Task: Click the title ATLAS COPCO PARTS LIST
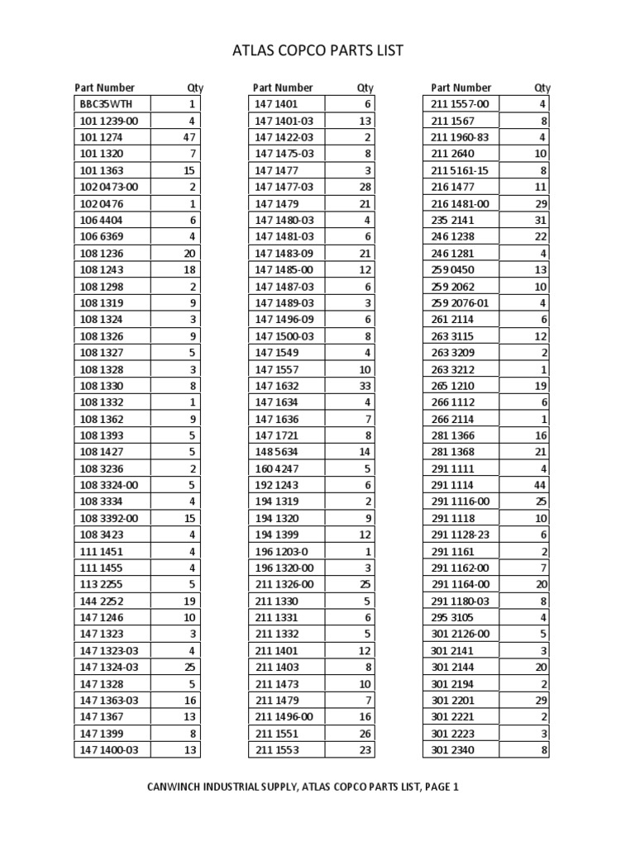pos(318,51)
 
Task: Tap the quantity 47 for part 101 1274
pos(189,137)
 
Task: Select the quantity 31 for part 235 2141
pos(542,220)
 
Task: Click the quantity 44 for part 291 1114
pos(542,484)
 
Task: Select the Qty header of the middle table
pos(365,88)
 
